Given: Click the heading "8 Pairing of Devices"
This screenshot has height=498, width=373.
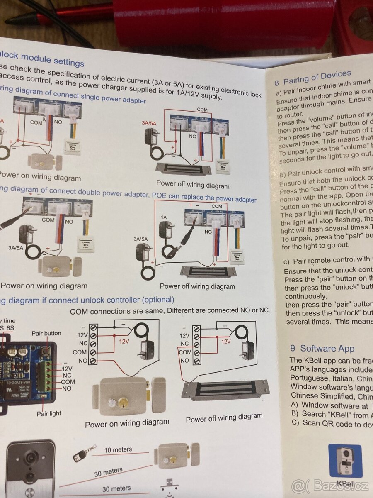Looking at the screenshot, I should [x=313, y=77].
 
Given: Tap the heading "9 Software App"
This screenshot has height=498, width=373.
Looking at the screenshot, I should [x=322, y=348].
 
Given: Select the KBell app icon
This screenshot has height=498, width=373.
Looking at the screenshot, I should [x=345, y=461].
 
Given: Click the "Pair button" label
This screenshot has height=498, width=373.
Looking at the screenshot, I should [x=46, y=333].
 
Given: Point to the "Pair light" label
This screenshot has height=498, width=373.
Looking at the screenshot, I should [x=48, y=413].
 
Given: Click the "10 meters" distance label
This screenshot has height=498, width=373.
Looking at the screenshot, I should [x=118, y=449].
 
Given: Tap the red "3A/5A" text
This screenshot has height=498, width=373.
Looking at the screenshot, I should [x=149, y=123].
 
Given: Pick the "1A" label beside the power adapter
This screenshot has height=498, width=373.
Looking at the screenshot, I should [x=164, y=217].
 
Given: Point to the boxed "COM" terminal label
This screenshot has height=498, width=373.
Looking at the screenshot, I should [x=185, y=352].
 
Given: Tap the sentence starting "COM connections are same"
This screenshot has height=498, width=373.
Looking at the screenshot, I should [x=170, y=310].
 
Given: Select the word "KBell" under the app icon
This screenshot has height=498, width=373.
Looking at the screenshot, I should [x=345, y=483].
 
